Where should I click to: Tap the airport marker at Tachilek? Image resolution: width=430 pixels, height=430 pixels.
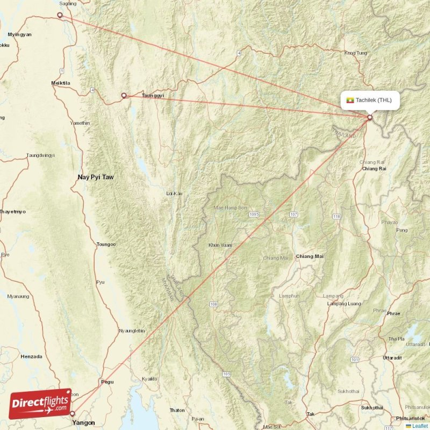click(370, 117)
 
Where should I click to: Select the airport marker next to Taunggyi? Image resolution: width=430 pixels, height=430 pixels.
click(124, 96)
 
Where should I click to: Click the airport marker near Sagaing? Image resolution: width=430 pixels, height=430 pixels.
click(60, 15)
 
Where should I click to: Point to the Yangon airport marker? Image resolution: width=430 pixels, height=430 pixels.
click(73, 413)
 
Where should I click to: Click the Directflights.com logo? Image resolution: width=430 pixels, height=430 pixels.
click(40, 404)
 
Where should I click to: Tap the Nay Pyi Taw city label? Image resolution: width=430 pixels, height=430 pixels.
click(96, 177)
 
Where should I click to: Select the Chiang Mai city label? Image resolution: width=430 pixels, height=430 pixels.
click(310, 257)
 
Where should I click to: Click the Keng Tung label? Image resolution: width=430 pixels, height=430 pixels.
click(355, 53)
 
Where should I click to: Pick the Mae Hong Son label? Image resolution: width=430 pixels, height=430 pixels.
click(231, 207)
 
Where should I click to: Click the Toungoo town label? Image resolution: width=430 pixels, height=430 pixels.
click(105, 245)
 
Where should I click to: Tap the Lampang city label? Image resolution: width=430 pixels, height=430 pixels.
click(333, 296)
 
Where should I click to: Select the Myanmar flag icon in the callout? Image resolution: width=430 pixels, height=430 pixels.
click(350, 100)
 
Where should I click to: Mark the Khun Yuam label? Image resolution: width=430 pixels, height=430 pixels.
click(220, 245)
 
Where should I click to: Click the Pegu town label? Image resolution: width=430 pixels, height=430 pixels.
click(107, 382)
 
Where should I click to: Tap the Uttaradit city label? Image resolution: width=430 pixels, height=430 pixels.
click(392, 357)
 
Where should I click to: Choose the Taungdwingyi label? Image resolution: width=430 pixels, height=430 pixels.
click(40, 156)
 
